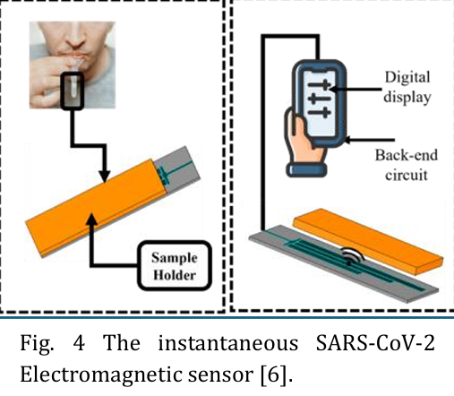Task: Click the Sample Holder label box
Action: click(175, 265)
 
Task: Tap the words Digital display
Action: click(407, 87)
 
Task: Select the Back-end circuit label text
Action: click(407, 165)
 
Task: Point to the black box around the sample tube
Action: click(72, 90)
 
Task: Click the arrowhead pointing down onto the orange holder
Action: click(104, 176)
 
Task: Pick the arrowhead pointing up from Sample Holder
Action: click(91, 220)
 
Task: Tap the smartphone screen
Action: click(321, 104)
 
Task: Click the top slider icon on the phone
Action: click(320, 85)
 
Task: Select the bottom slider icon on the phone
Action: click(320, 113)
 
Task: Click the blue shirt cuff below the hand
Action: click(306, 169)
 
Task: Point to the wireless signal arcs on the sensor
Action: click(353, 255)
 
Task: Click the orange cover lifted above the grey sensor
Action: click(368, 241)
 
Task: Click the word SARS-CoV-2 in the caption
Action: click(375, 343)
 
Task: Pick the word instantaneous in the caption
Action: click(227, 343)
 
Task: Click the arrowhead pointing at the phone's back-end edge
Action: click(348, 140)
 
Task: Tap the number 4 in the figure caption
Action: click(79, 343)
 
